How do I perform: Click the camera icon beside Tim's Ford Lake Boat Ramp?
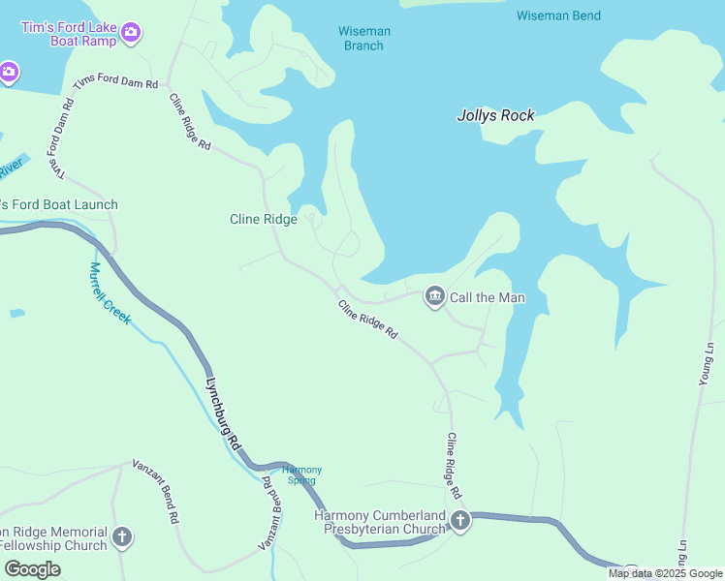132,34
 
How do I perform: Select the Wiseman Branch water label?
364,39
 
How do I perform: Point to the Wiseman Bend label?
558,15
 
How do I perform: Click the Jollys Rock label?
495,115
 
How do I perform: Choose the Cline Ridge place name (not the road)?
263,220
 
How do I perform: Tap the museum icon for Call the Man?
434,296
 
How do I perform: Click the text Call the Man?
487,297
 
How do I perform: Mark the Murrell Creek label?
109,293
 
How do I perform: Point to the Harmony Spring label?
301,474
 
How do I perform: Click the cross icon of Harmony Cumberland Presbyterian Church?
459,522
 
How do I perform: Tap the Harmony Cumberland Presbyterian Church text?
380,522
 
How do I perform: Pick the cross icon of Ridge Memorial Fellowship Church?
121,536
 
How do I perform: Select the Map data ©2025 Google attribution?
665,573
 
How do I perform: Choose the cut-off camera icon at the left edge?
8,73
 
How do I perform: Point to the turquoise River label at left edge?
10,169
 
